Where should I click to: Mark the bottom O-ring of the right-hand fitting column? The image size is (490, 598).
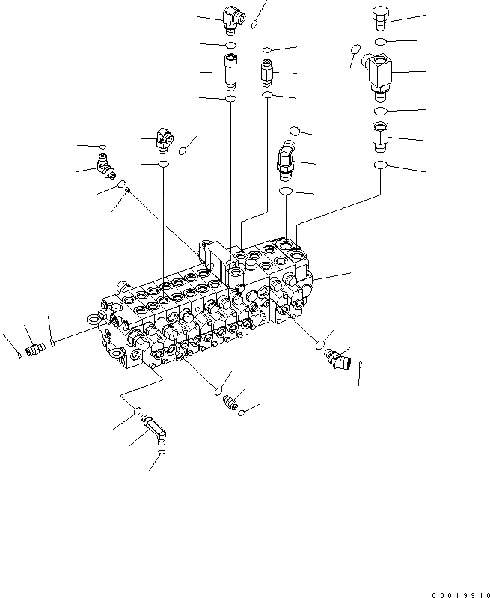[x=382, y=165]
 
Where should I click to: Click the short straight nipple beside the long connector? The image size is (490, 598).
[x=268, y=73]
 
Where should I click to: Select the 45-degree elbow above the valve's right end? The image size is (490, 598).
[x=287, y=159]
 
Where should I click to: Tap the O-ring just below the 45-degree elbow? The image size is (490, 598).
[x=286, y=192]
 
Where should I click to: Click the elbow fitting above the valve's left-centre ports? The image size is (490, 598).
[x=163, y=138]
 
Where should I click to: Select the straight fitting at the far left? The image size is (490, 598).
[x=32, y=348]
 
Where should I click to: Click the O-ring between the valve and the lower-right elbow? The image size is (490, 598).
[x=319, y=344]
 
